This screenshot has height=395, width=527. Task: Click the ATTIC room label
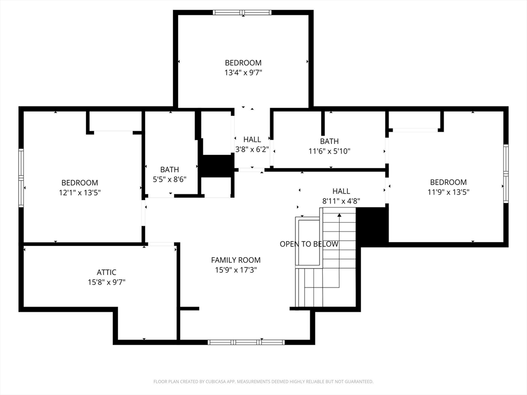(107, 272)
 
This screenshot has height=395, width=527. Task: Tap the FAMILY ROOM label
(236, 260)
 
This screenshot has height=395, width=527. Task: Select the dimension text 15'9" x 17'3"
(236, 270)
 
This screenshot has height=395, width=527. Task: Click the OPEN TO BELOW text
(309, 244)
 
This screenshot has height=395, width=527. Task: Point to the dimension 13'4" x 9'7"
(243, 73)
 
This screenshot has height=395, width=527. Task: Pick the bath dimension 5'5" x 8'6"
(169, 179)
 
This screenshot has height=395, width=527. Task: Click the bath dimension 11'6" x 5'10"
(329, 151)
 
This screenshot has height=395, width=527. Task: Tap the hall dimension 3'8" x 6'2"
(252, 149)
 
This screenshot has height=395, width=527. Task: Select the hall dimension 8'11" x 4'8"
(341, 201)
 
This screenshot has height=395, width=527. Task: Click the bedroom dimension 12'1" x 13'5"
(80, 192)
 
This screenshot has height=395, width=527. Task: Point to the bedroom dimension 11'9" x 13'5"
(448, 192)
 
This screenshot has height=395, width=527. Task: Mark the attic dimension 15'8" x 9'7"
(107, 282)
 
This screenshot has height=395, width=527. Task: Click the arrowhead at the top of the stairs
(340, 215)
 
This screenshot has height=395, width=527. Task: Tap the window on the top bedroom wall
(242, 13)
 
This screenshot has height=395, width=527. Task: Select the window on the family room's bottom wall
(246, 342)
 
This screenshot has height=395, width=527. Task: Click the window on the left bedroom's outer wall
(21, 178)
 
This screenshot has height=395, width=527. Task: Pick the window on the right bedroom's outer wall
(506, 174)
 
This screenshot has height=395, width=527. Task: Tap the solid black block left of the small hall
(217, 166)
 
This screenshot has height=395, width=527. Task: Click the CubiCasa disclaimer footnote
(263, 382)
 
